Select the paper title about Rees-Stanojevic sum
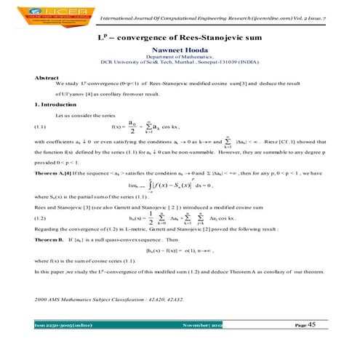click(x=180, y=36)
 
